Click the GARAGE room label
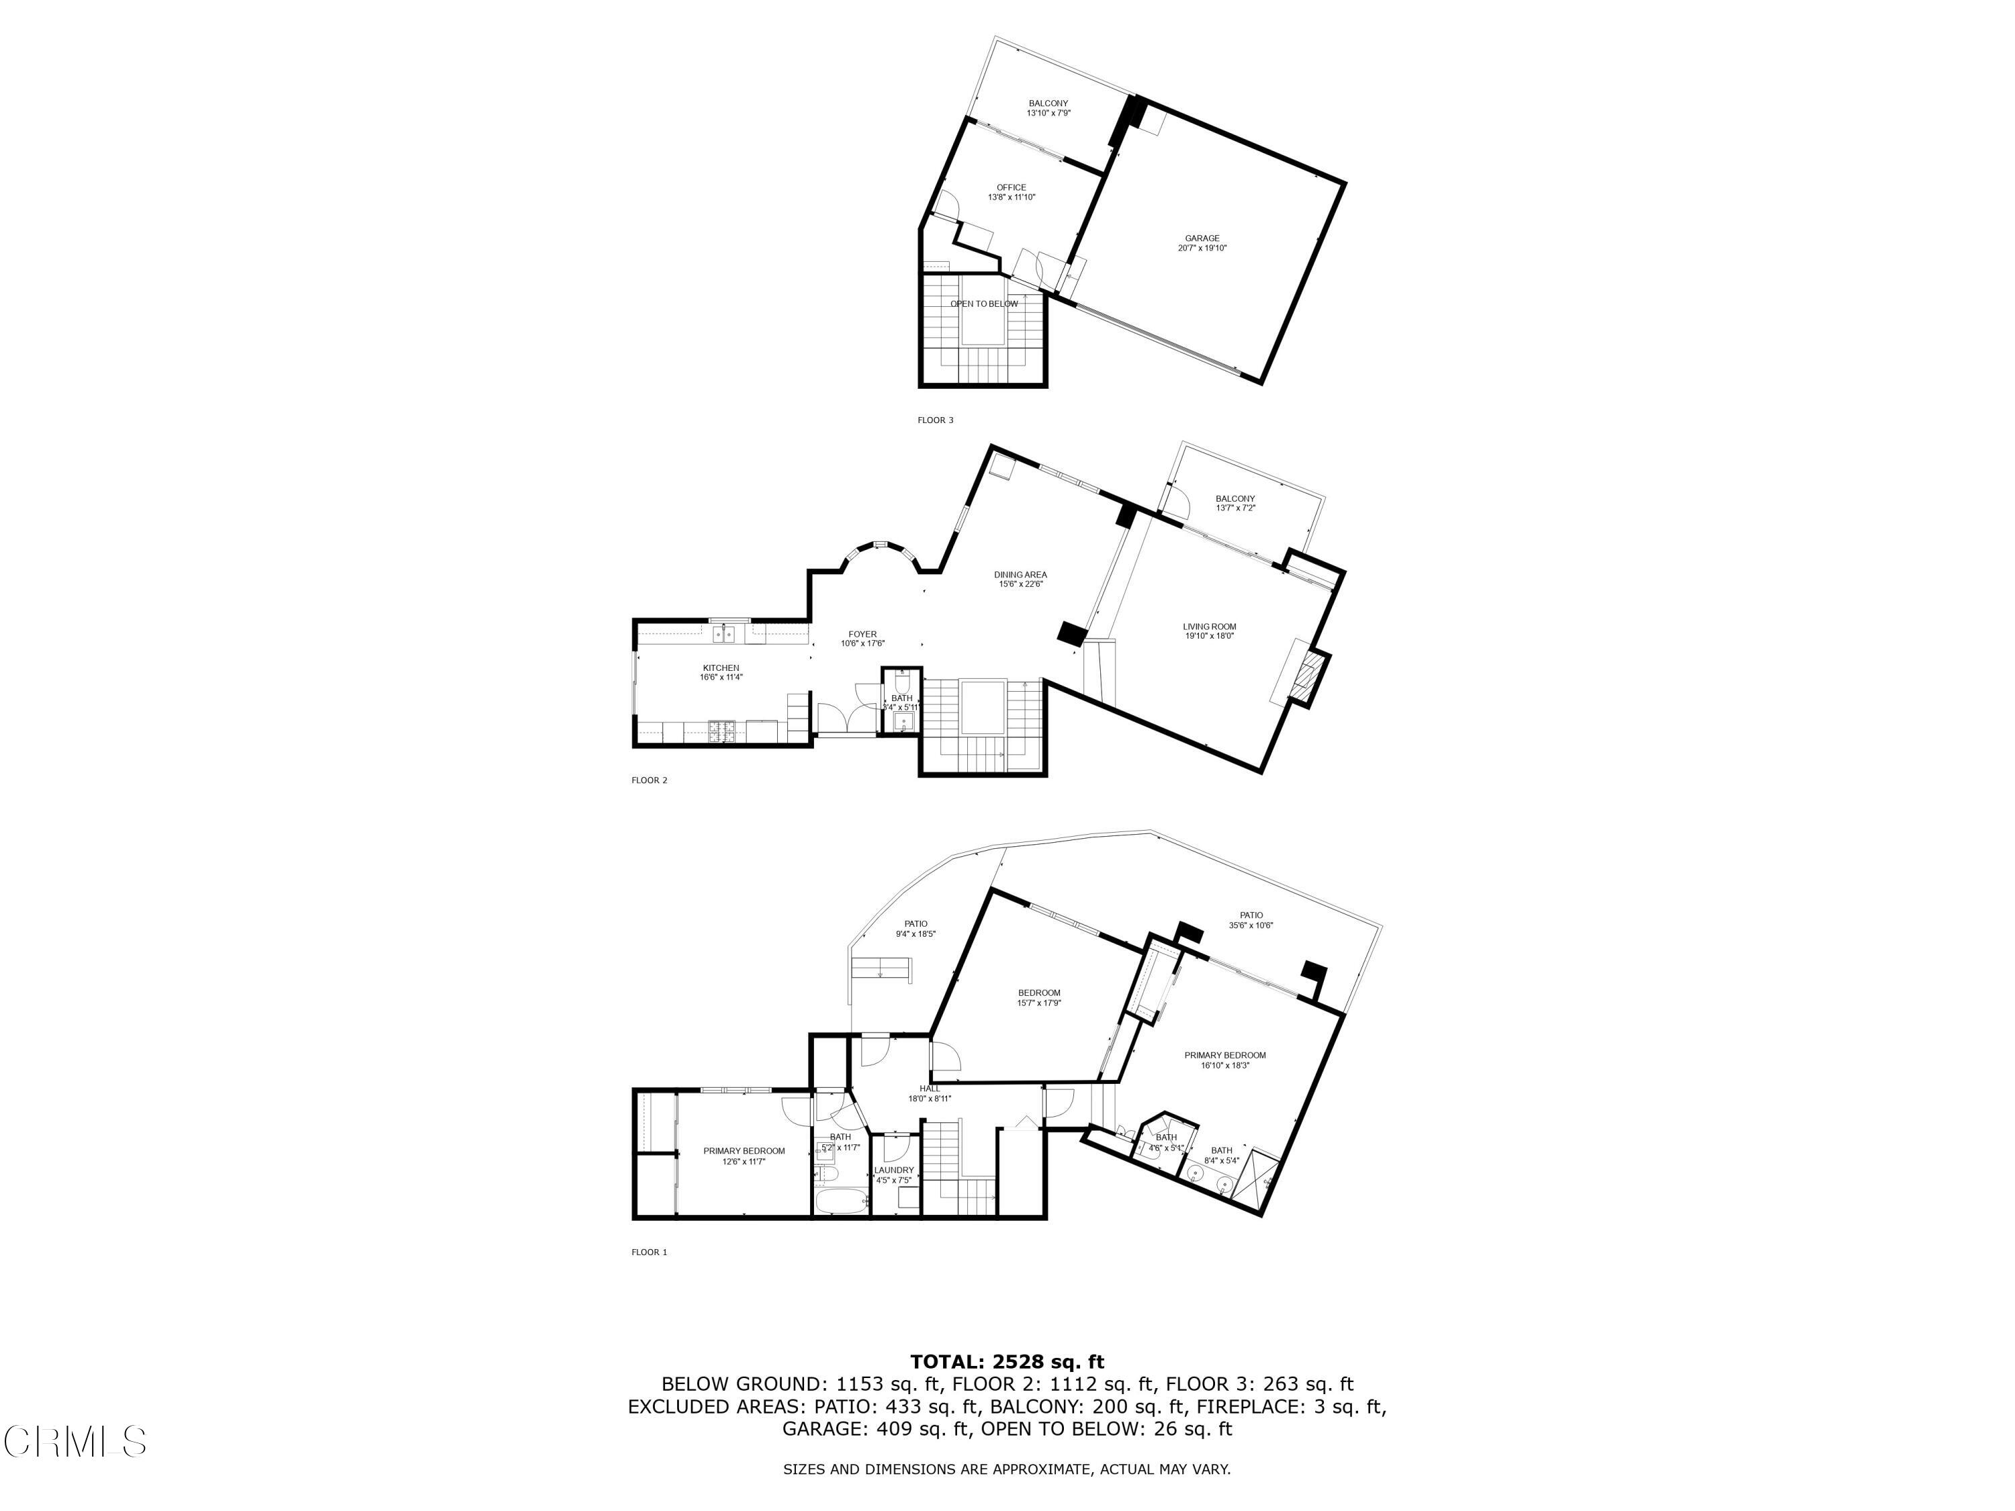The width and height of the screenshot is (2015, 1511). [x=1202, y=238]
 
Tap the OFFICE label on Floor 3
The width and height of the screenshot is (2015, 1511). [x=1011, y=187]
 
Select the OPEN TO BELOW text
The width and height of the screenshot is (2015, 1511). [x=984, y=304]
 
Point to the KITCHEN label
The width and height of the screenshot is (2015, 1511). [x=721, y=668]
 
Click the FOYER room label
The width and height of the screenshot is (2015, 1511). [x=862, y=634]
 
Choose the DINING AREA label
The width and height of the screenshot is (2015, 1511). [x=1020, y=575]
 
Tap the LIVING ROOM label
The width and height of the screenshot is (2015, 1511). [x=1210, y=627]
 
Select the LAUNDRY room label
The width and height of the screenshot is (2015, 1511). [x=893, y=1171]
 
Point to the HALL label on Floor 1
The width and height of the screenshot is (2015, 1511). [x=929, y=1089]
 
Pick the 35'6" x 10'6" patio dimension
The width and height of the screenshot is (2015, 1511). [x=1251, y=925]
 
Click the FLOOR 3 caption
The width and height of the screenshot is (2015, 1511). [x=936, y=420]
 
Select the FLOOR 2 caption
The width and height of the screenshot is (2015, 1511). [x=650, y=780]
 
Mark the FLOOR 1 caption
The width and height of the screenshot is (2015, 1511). [x=650, y=1252]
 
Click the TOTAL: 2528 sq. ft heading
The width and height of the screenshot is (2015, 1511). [x=1007, y=1363]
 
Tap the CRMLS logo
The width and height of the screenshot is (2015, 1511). [x=75, y=1442]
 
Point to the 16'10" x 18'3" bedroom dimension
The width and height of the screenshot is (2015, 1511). [x=1225, y=1064]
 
